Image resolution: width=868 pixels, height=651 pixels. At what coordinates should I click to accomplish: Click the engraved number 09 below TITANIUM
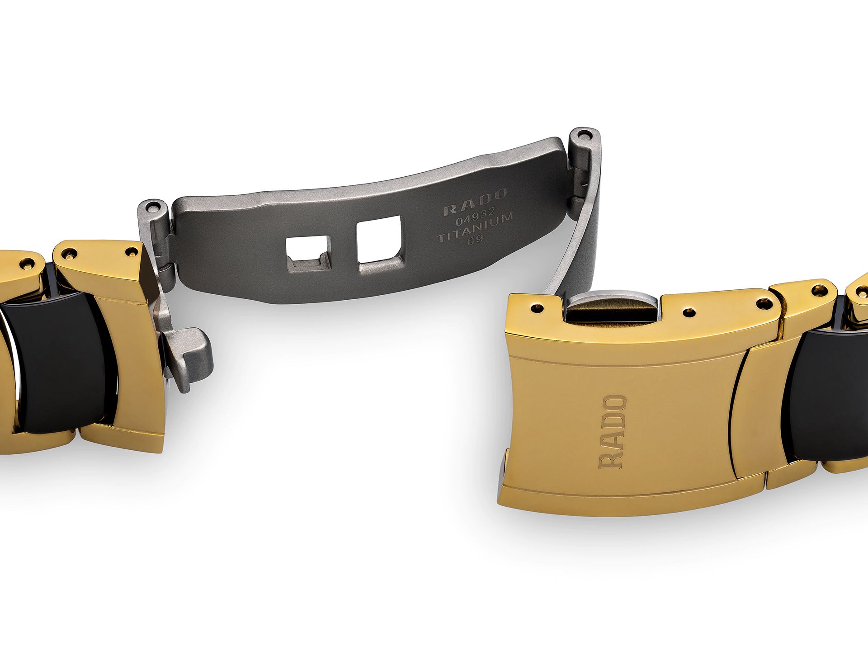475,241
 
